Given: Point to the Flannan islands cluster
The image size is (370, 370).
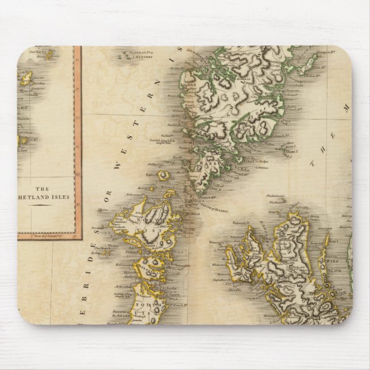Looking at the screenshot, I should [124, 56].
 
